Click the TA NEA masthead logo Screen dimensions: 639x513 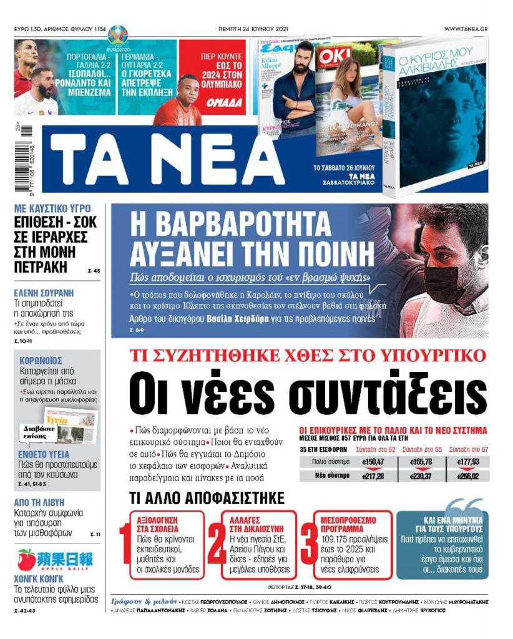(150, 160)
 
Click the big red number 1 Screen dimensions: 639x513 (125, 544)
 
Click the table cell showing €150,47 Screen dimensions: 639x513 (373, 462)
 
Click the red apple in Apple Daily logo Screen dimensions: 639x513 (26, 558)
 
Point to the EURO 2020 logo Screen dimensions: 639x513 (116, 37)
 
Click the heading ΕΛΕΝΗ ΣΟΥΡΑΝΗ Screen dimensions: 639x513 (44, 292)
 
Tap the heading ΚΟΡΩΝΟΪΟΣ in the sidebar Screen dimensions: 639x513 (40, 361)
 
